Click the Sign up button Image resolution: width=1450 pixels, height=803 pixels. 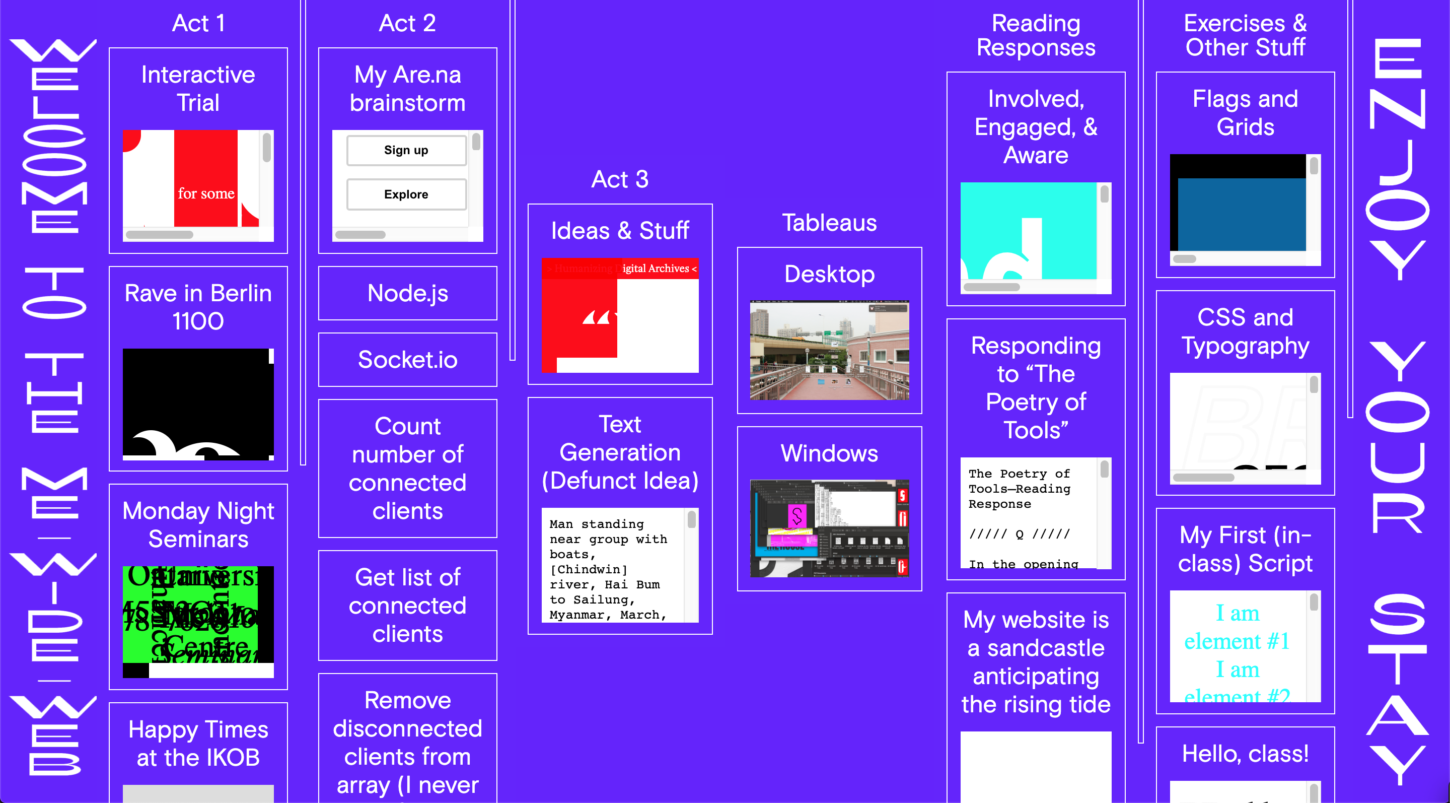click(406, 150)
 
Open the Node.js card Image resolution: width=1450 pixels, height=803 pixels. click(407, 293)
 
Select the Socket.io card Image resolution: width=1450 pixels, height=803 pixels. click(407, 360)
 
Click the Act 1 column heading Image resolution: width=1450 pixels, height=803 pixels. click(198, 23)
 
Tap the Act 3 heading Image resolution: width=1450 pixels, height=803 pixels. click(620, 179)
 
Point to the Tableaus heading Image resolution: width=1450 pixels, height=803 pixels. click(829, 223)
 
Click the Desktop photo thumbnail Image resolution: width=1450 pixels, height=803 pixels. click(829, 350)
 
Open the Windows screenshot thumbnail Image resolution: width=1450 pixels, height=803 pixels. click(829, 528)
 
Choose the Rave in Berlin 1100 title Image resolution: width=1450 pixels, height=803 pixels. click(198, 307)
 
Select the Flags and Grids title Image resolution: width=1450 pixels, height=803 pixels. click(1245, 113)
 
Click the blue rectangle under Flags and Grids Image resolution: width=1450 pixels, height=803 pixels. click(1241, 214)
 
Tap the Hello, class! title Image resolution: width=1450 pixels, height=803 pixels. click(1245, 754)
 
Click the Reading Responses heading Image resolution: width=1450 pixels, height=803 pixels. click(1036, 35)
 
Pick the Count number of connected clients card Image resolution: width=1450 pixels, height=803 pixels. click(407, 469)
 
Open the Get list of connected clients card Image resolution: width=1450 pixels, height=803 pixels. click(407, 606)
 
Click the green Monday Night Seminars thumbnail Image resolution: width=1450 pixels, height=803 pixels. click(191, 614)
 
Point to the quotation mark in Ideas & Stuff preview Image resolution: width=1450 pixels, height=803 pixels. click(596, 318)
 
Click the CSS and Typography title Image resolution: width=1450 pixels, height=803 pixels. click(1245, 331)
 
